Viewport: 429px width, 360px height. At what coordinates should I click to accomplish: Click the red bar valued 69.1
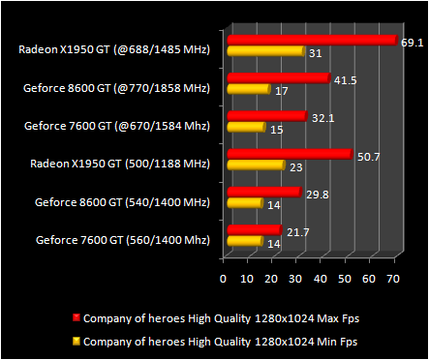pos(310,41)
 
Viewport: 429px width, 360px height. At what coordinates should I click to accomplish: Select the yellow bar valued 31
pos(263,51)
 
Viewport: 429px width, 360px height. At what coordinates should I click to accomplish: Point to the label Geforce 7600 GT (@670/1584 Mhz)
pos(118,124)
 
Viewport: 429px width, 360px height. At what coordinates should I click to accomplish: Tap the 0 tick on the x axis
pos(224,279)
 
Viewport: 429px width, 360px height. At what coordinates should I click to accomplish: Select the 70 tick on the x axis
pos(392,279)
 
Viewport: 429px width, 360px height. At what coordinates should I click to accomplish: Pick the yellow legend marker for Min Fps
pos(76,341)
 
